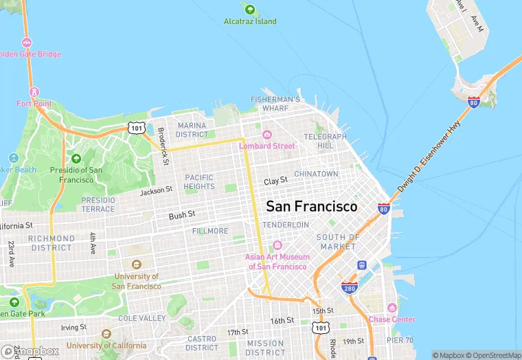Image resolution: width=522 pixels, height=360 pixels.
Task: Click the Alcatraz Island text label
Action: point(250,21)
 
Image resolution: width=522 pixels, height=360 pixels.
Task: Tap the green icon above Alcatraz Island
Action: point(249,10)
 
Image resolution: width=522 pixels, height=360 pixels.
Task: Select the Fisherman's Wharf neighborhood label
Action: point(275,104)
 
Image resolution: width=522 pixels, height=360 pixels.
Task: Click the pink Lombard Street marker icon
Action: point(267,134)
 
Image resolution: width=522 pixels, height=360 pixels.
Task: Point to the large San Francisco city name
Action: point(311,206)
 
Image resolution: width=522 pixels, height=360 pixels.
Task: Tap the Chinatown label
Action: point(316,175)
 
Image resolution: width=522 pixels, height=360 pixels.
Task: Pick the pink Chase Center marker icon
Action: point(392,308)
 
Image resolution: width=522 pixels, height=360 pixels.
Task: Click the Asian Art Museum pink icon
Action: point(277,245)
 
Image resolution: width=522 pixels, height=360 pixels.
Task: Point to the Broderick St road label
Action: point(162,146)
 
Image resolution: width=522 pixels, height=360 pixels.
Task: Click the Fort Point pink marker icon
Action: point(34,92)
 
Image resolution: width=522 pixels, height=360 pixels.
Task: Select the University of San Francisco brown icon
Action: point(135,265)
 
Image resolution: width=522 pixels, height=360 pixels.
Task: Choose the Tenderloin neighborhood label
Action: point(285,225)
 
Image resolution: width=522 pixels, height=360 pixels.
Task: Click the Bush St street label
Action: point(182,216)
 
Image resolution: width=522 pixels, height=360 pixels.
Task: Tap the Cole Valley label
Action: point(141,318)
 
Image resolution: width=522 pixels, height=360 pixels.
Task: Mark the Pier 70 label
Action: point(400,340)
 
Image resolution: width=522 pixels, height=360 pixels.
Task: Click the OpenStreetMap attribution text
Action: point(493,355)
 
